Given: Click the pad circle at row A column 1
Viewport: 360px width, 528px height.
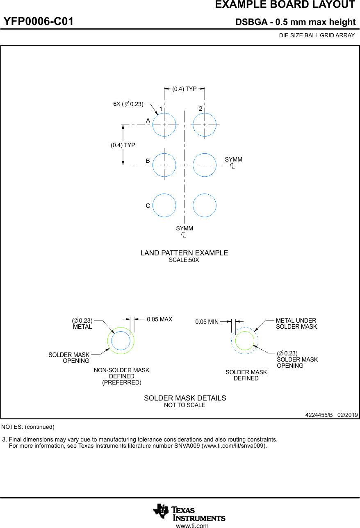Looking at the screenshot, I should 164,125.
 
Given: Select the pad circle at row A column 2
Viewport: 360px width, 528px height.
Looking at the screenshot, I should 205,125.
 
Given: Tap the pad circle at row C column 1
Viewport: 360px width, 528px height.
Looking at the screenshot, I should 164,205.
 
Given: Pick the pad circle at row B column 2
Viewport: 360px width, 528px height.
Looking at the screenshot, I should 205,165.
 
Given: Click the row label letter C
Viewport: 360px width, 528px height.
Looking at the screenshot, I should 148,206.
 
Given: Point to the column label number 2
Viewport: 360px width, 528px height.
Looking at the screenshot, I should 201,109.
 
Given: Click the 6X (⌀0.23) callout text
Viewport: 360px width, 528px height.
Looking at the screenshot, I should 128,104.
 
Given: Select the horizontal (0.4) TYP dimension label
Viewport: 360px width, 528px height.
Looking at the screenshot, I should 185,89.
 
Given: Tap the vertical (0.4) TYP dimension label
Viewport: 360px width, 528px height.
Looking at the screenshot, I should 123,145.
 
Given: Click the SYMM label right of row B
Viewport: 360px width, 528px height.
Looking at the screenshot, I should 233,159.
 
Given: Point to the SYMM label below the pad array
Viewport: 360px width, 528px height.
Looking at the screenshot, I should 185,228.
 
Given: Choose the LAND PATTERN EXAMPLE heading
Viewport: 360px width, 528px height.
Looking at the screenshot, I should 184,253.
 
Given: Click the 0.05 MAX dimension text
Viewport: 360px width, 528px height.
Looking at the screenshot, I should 159,319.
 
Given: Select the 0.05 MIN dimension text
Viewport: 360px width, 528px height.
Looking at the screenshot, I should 207,322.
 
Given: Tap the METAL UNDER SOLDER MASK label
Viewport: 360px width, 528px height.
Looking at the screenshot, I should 296,323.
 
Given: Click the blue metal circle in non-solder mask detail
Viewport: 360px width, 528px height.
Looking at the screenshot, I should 121,341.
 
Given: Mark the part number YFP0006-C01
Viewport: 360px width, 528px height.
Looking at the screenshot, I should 39,22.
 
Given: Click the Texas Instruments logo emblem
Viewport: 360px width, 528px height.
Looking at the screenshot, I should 161,511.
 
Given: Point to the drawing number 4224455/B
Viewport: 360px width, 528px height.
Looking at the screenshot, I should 319,415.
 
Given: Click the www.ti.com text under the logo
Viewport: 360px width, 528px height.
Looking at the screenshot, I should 192,525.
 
